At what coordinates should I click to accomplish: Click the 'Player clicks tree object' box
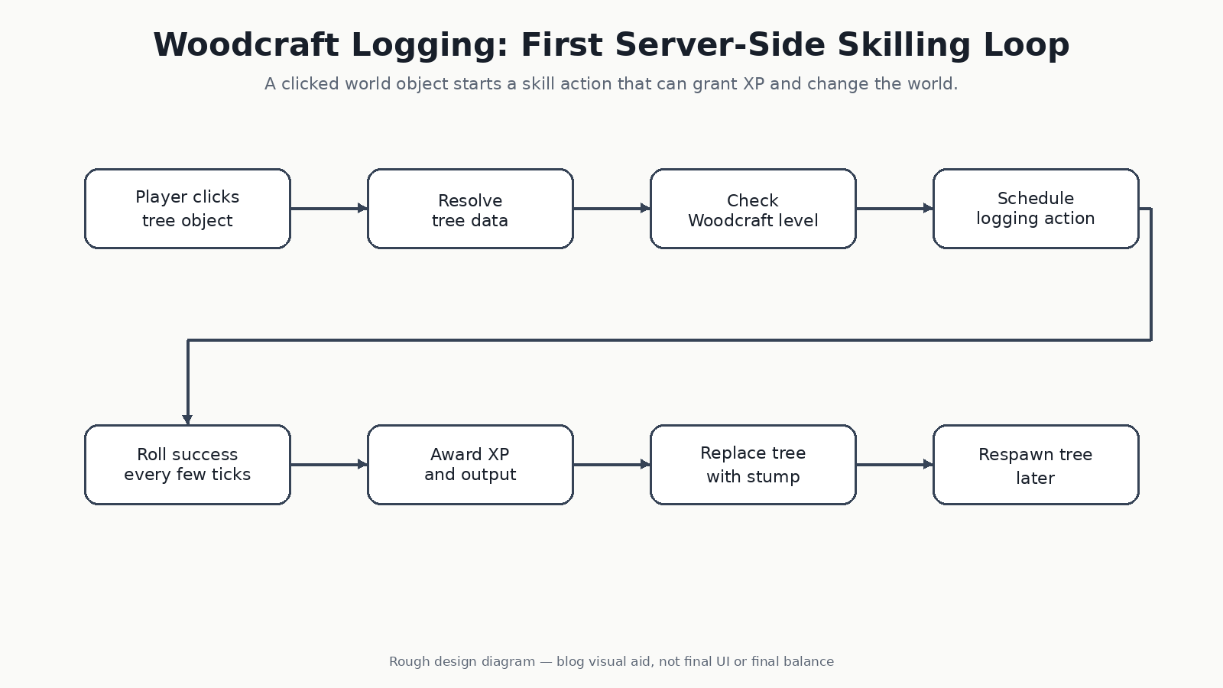pyautogui.click(x=187, y=209)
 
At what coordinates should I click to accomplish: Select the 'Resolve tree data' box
pyautogui.click(x=470, y=209)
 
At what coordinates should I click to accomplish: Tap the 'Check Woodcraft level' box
pyautogui.click(x=753, y=209)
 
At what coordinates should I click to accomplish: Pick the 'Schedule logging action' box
pyautogui.click(x=1036, y=209)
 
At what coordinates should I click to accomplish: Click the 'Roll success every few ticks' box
pyautogui.click(x=187, y=465)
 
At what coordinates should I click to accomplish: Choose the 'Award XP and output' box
pyautogui.click(x=470, y=465)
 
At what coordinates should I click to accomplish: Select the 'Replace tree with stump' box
pyautogui.click(x=753, y=465)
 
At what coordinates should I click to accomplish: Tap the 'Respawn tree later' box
pyautogui.click(x=1036, y=465)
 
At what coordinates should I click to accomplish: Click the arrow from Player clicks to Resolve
pyautogui.click(x=329, y=208)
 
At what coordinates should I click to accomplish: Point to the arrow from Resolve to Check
pyautogui.click(x=611, y=208)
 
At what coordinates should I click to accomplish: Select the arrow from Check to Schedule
pyautogui.click(x=894, y=208)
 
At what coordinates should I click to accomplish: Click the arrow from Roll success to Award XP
pyautogui.click(x=329, y=464)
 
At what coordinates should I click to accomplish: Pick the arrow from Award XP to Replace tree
pyautogui.click(x=611, y=464)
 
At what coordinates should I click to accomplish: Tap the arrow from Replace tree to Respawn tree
pyautogui.click(x=894, y=464)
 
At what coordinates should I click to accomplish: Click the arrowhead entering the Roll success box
pyautogui.click(x=187, y=420)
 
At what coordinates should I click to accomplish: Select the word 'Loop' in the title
pyautogui.click(x=1027, y=46)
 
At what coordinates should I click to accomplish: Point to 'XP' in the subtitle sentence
pyautogui.click(x=754, y=84)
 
